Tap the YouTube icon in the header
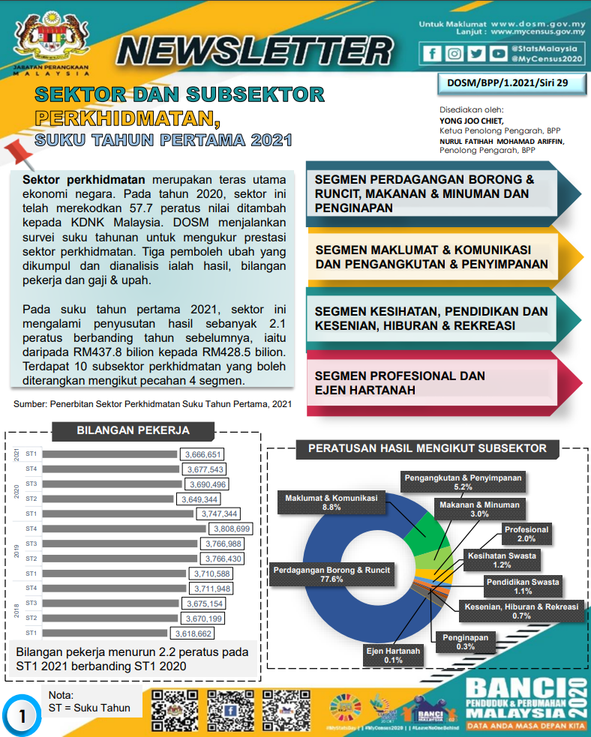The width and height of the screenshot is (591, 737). click(498, 53)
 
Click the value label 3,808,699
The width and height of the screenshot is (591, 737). click(230, 529)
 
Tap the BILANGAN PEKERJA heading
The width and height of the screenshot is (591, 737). click(133, 431)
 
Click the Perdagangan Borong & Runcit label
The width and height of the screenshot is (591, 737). click(331, 574)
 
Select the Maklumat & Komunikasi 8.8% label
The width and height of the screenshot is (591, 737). click(331, 502)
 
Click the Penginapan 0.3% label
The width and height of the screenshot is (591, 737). click(465, 642)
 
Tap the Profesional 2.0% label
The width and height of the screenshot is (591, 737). click(526, 534)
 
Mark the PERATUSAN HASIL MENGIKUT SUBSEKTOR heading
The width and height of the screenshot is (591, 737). click(428, 449)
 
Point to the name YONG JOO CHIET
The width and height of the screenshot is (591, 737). click(472, 120)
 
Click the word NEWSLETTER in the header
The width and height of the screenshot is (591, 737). click(255, 51)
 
